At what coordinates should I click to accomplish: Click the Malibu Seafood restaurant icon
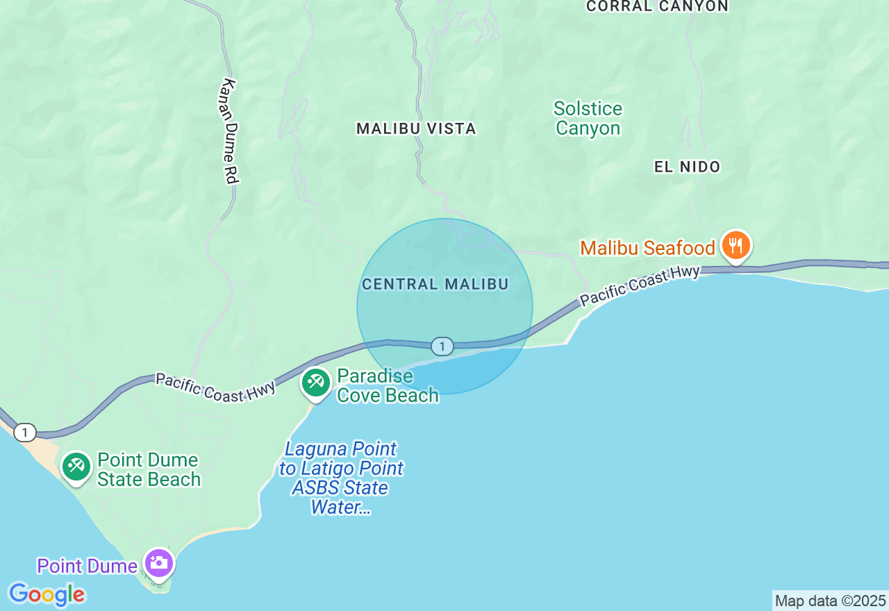pyautogui.click(x=736, y=246)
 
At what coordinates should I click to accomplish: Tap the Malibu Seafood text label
pyautogui.click(x=647, y=248)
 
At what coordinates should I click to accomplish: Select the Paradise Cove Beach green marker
pyautogui.click(x=316, y=382)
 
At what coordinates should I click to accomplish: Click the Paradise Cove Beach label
pyautogui.click(x=388, y=386)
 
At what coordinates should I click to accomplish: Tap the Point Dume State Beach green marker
pyautogui.click(x=76, y=467)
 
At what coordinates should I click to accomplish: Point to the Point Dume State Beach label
pyautogui.click(x=149, y=469)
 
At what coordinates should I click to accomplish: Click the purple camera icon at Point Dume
pyautogui.click(x=159, y=563)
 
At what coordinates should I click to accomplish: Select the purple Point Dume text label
pyautogui.click(x=88, y=567)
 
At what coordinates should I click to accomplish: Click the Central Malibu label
pyautogui.click(x=435, y=284)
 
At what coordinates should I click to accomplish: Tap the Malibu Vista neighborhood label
pyautogui.click(x=416, y=128)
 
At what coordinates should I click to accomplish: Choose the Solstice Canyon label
pyautogui.click(x=588, y=119)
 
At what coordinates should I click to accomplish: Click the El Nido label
pyautogui.click(x=688, y=167)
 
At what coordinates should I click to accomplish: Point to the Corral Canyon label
pyautogui.click(x=657, y=6)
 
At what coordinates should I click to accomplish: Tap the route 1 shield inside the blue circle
pyautogui.click(x=442, y=346)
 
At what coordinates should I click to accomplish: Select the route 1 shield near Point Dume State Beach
pyautogui.click(x=25, y=433)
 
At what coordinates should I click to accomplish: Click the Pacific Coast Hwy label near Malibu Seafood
pyautogui.click(x=640, y=285)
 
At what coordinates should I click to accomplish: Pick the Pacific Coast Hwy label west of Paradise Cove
pyautogui.click(x=215, y=387)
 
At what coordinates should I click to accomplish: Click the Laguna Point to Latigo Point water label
pyautogui.click(x=341, y=478)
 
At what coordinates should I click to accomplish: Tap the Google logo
pyautogui.click(x=47, y=594)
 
